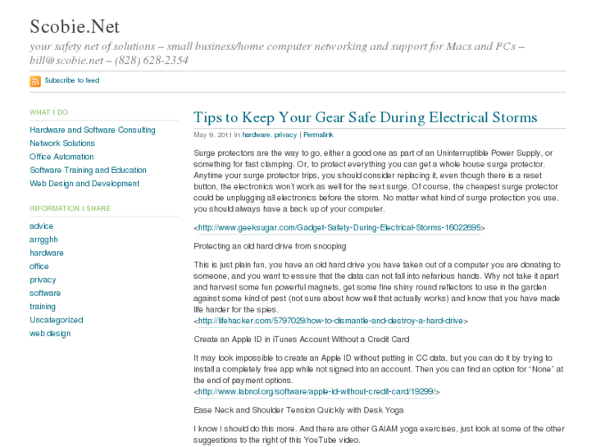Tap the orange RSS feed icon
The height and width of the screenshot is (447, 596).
click(x=35, y=81)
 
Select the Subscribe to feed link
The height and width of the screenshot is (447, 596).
click(x=72, y=80)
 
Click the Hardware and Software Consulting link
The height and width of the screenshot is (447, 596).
click(x=93, y=130)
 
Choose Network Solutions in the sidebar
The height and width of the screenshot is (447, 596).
click(x=62, y=144)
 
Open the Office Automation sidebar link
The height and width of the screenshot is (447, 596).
click(x=62, y=157)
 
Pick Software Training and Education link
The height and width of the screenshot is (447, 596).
click(x=89, y=171)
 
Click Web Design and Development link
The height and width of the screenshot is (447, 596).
click(x=84, y=184)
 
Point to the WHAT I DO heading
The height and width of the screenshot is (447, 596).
click(x=49, y=112)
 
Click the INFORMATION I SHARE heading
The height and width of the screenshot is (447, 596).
click(x=70, y=208)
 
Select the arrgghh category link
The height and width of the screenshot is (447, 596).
click(x=44, y=239)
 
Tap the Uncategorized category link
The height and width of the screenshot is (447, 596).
click(x=57, y=320)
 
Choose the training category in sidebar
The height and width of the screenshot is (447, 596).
click(x=43, y=307)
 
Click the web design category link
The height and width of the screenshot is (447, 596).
click(x=50, y=334)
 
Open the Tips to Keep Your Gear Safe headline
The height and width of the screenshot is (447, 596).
click(x=365, y=117)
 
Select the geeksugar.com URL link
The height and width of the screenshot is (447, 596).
click(x=339, y=228)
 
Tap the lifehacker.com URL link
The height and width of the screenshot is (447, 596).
click(x=330, y=322)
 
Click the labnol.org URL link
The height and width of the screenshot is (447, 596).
click(x=316, y=392)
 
